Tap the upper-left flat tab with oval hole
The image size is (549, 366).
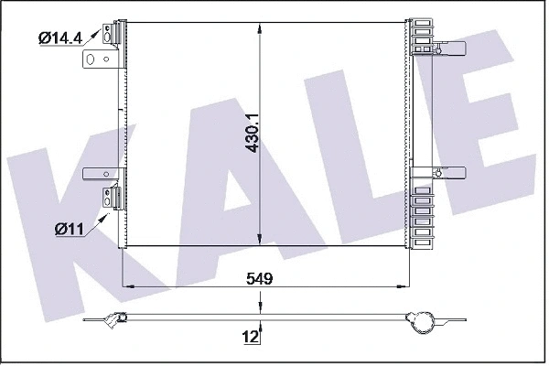pyautogui.click(x=99, y=59)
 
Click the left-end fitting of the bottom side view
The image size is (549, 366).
pyautogui.click(x=113, y=319)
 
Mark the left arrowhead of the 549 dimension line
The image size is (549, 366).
pyautogui.click(x=128, y=286)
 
